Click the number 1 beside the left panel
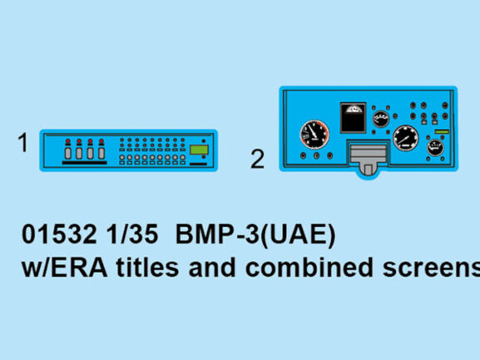(x=23, y=142)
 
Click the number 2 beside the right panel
(x=257, y=159)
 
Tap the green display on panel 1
(x=199, y=150)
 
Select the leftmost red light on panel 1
(x=68, y=141)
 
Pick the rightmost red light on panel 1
(x=101, y=141)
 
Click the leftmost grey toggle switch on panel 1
(x=68, y=153)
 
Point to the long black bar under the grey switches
(x=85, y=163)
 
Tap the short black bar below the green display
(x=198, y=165)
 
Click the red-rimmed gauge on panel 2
(x=314, y=135)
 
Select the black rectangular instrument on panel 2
(x=353, y=118)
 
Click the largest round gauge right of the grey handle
(x=406, y=138)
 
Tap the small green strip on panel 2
(x=442, y=132)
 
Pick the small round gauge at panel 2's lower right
(x=435, y=148)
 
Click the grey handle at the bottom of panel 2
(x=368, y=160)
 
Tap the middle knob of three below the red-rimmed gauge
(x=316, y=155)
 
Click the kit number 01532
(x=59, y=234)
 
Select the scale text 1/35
(x=132, y=234)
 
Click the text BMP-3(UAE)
(x=255, y=235)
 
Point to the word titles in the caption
(x=147, y=268)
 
